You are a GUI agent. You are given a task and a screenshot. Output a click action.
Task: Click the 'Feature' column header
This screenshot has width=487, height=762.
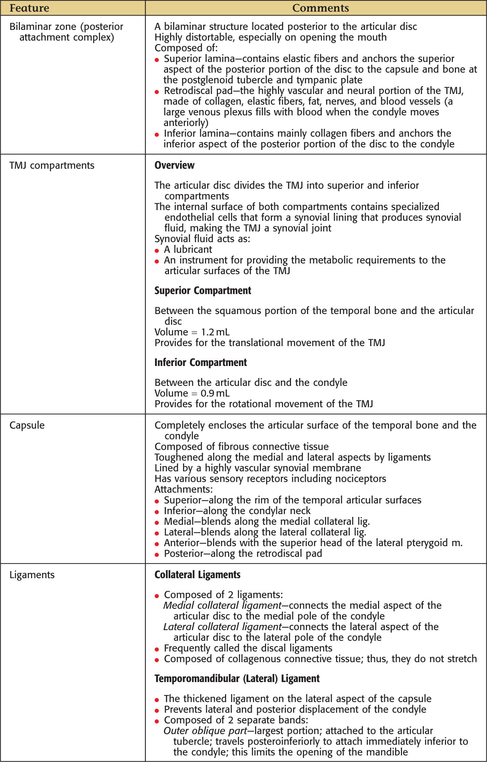(29, 8)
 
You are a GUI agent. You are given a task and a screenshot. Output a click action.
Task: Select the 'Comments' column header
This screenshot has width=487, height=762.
(320, 8)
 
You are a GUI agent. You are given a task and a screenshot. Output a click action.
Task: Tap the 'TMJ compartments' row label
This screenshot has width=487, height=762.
(52, 166)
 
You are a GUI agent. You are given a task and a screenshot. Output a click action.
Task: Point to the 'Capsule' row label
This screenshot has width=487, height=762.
(27, 425)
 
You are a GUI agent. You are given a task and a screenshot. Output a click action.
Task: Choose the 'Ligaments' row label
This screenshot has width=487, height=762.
(32, 575)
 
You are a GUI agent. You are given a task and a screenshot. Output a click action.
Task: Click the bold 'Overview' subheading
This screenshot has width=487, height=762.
(175, 165)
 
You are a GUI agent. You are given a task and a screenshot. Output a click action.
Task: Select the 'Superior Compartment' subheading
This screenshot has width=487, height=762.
(203, 291)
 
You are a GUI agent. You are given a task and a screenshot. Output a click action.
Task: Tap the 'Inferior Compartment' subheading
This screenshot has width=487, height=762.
(201, 363)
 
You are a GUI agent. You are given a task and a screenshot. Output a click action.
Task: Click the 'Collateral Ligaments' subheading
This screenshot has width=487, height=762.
(198, 575)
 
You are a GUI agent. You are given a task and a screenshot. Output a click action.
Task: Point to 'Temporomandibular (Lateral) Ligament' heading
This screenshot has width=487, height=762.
(237, 679)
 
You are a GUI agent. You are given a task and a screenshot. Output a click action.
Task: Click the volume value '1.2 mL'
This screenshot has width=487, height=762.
(215, 332)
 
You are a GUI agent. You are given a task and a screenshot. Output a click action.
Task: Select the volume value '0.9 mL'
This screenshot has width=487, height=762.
(215, 393)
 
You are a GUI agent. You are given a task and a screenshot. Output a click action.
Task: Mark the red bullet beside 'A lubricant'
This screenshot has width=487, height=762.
(157, 250)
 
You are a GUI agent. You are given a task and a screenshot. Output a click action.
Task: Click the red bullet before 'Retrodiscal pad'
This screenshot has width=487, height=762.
(157, 92)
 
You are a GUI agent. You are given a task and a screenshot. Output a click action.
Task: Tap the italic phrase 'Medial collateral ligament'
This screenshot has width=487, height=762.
(222, 605)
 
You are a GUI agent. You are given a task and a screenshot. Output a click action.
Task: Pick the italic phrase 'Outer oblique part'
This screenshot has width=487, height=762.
(205, 731)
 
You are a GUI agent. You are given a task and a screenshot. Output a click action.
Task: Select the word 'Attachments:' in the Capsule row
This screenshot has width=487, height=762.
(184, 489)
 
